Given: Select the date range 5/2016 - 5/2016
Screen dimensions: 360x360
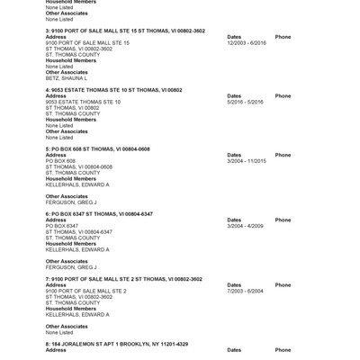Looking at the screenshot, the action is pyautogui.click(x=245, y=102).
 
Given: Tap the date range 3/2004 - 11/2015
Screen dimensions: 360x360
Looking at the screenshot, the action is pyautogui.click(x=247, y=161).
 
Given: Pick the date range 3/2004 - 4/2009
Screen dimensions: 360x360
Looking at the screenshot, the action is pyautogui.click(x=245, y=226).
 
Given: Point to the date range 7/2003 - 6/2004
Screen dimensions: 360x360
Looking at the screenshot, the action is pyautogui.click(x=245, y=291).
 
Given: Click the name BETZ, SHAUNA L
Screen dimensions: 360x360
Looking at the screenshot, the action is pyautogui.click(x=65, y=78).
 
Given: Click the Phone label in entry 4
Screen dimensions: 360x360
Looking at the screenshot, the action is pyautogui.click(x=283, y=96).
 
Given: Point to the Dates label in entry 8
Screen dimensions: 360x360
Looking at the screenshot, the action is pyautogui.click(x=234, y=350).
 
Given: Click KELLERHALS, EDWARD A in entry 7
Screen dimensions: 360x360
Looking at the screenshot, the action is pyautogui.click(x=77, y=314).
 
